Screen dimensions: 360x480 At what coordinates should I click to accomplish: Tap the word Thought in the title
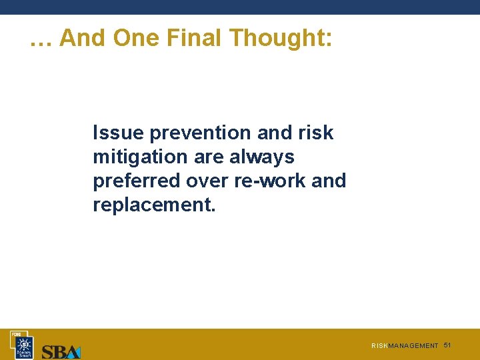[281, 38]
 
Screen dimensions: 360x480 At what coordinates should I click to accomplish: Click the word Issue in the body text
[118, 133]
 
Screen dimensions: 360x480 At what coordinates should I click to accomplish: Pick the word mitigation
[140, 157]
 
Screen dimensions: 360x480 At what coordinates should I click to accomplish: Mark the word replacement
[154, 205]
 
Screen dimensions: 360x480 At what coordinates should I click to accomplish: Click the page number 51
[447, 345]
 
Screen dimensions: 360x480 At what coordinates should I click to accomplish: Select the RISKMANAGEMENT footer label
[405, 346]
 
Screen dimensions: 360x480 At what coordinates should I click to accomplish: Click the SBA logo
[61, 351]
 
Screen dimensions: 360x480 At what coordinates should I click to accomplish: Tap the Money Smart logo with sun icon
[25, 347]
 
